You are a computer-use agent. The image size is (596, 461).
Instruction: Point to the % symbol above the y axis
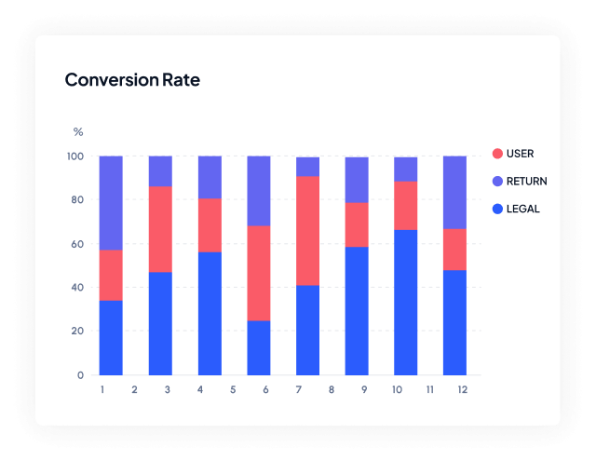point(78,132)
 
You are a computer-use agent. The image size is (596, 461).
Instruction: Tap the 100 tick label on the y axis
point(74,156)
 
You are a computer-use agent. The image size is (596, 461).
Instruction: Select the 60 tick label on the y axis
point(77,244)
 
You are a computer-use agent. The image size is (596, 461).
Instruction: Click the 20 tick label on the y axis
point(77,332)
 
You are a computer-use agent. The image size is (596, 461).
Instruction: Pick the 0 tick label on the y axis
point(81,375)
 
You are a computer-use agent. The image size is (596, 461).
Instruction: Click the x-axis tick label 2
point(134,389)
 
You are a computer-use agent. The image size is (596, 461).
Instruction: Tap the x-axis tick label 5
point(233,389)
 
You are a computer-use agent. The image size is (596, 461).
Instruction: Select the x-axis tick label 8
point(332,389)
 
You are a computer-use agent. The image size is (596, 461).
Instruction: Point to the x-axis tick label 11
point(429,389)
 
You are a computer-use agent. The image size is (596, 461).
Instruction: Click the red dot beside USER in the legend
point(497,154)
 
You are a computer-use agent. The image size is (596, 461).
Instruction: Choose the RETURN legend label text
point(527,182)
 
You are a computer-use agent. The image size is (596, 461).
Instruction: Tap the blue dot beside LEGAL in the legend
point(497,209)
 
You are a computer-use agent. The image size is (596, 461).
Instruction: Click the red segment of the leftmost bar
point(111,275)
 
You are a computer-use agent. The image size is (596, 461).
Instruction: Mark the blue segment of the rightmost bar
point(454,322)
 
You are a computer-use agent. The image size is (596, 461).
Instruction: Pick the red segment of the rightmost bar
point(454,249)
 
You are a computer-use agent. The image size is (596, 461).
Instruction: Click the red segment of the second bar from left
point(160,229)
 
